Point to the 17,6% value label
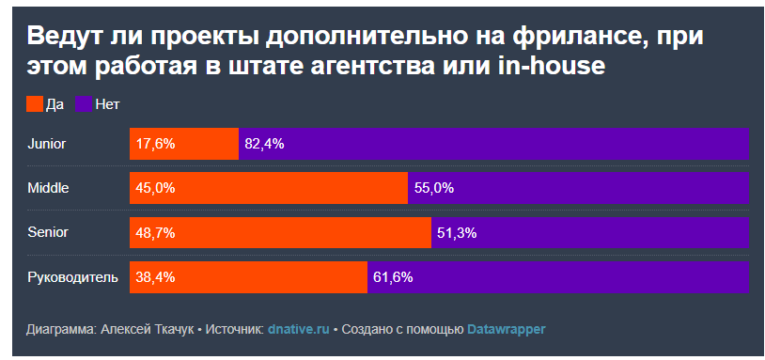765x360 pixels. coord(155,144)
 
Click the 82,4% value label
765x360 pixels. coord(264,144)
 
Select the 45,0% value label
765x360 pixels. coord(155,188)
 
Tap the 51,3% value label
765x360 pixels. coord(457,232)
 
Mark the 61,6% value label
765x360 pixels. coord(393,276)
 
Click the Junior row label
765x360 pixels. coord(47,144)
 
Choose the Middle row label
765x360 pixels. coord(49,188)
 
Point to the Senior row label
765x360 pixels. coord(49,232)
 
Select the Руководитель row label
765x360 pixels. coord(72,276)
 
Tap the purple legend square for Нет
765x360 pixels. coord(82,104)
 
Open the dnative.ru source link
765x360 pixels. coord(298,330)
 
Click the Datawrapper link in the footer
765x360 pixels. coord(506,330)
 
